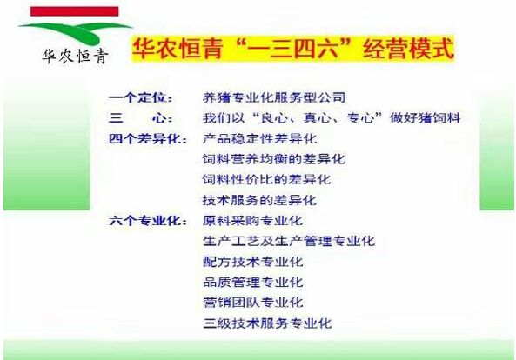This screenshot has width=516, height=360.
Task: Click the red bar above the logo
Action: pyautogui.click(x=74, y=11)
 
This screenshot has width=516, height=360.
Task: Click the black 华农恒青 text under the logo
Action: pyautogui.click(x=75, y=57)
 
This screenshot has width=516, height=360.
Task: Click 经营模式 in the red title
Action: pyautogui.click(x=408, y=49)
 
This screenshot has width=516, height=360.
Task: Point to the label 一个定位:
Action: pyautogui.click(x=140, y=98)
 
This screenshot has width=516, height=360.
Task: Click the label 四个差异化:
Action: pyautogui.click(x=148, y=139)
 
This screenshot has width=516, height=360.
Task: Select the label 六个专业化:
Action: pyautogui.click(x=148, y=221)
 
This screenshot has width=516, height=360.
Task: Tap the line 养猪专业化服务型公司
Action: pyautogui.click(x=274, y=97)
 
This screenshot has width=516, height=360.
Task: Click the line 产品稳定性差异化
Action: pyautogui.click(x=259, y=139)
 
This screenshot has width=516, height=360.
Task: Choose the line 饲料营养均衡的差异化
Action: pyautogui.click(x=274, y=159)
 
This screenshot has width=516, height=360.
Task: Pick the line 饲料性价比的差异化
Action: pyautogui.click(x=266, y=179)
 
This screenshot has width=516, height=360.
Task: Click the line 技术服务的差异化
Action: pyautogui.click(x=259, y=200)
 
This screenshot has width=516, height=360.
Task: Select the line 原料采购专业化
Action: pyautogui.click(x=252, y=221)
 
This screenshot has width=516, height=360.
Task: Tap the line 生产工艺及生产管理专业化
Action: pyautogui.click(x=289, y=242)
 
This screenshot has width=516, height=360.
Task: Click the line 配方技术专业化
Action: pyautogui.click(x=252, y=262)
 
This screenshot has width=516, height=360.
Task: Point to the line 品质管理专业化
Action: pyautogui.click(x=252, y=283)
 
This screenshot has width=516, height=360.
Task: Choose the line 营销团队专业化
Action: pyautogui.click(x=252, y=303)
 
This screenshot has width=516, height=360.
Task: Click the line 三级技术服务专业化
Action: pyautogui.click(x=267, y=323)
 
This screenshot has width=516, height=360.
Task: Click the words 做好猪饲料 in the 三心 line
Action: pyautogui.click(x=425, y=118)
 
